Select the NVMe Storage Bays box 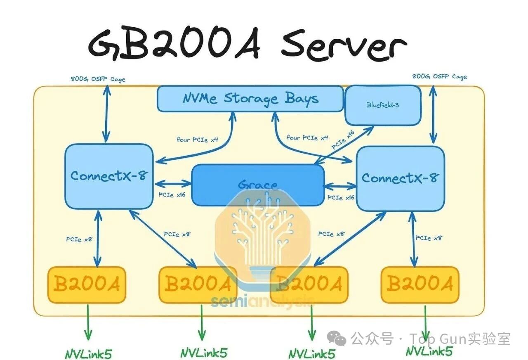(x=250, y=99)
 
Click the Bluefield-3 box (x=383, y=105)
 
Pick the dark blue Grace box (x=258, y=185)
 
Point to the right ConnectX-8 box (x=400, y=178)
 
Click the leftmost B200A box (x=87, y=285)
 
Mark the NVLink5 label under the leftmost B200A (x=88, y=354)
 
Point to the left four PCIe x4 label (x=197, y=139)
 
